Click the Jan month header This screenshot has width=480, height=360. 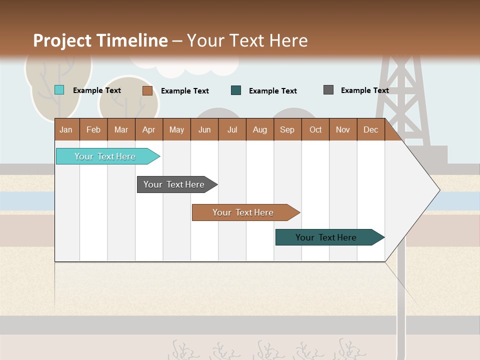[x=66, y=129]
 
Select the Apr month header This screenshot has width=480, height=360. [x=148, y=129]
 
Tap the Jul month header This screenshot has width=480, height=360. [x=232, y=129]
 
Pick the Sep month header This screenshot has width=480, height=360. [x=287, y=129]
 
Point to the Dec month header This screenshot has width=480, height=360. [x=370, y=129]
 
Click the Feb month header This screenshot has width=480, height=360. [x=93, y=129]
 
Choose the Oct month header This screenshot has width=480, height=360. [x=315, y=129]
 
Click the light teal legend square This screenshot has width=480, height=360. [x=59, y=90]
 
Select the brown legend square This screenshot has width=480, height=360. [x=147, y=90]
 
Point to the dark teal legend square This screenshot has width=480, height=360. [x=236, y=90]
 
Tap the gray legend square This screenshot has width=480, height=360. [x=328, y=90]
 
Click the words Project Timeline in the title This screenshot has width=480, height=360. [x=100, y=40]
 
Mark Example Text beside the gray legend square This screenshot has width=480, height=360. [x=364, y=90]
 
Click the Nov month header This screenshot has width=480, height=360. [x=342, y=129]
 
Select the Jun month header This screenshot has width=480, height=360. [x=204, y=129]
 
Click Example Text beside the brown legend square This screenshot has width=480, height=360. [x=184, y=91]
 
